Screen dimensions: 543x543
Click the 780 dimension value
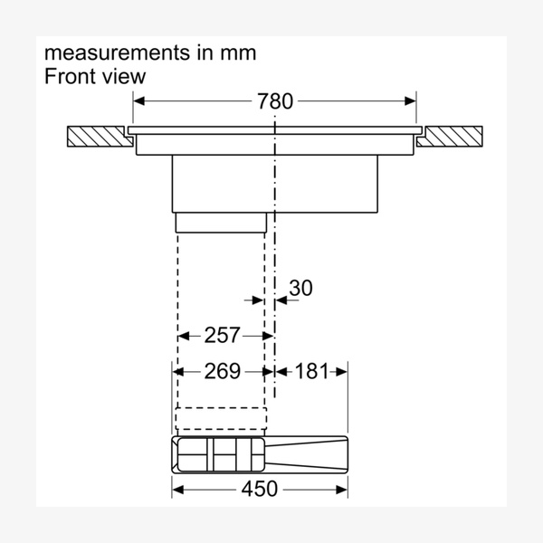coord(275,101)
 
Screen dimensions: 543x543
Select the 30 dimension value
coord(300,288)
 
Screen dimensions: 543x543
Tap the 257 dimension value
coord(223,336)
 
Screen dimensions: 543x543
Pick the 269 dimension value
coord(223,371)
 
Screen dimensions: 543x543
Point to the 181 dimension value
coord(310,371)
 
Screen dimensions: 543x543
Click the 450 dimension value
coord(260,490)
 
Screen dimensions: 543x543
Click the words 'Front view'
coord(95,76)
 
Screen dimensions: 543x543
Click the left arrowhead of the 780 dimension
coord(139,101)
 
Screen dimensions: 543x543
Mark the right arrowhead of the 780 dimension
coord(411,101)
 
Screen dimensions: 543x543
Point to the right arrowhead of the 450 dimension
coord(343,490)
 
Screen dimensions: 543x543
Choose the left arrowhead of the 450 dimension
coord(178,490)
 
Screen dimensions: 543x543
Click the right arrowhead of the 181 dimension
coord(343,371)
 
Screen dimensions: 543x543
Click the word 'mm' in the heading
coord(239,52)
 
